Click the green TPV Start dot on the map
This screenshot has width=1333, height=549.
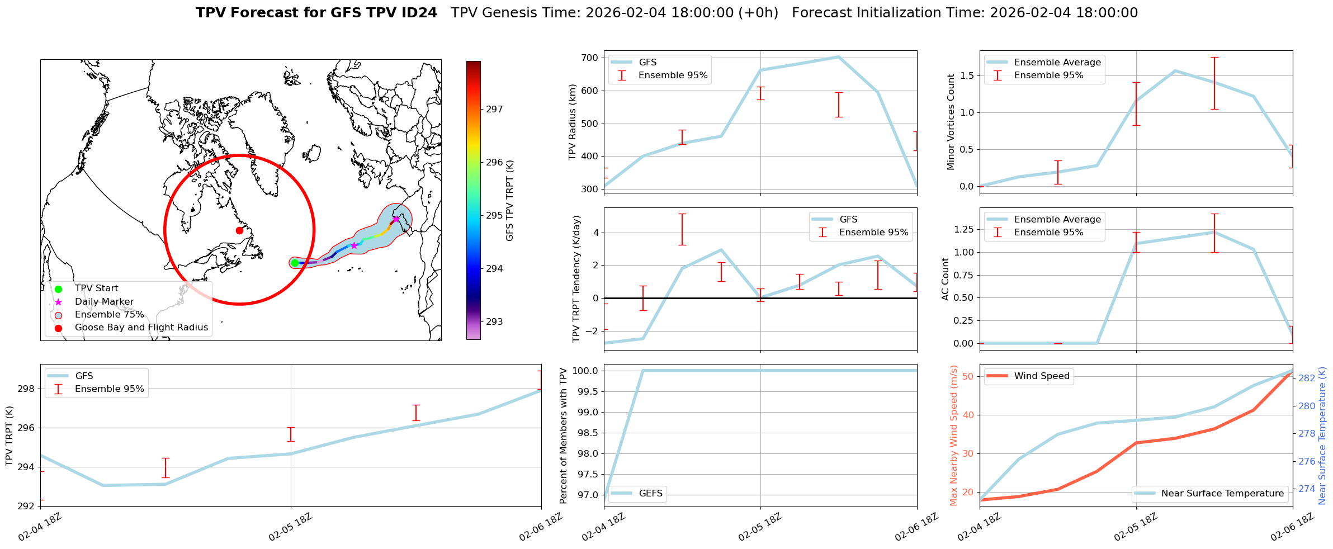click(295, 263)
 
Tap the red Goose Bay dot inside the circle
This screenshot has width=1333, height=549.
click(239, 230)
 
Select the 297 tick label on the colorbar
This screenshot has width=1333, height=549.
click(494, 109)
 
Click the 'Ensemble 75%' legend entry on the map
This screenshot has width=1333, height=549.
click(109, 315)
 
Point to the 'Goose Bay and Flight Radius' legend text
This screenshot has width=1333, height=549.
click(141, 328)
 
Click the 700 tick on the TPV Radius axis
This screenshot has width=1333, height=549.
click(590, 58)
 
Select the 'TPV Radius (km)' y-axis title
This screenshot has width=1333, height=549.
click(573, 122)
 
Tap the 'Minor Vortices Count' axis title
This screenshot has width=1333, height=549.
click(951, 122)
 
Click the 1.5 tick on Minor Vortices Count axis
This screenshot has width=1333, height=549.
click(966, 75)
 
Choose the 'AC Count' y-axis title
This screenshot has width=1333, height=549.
click(946, 279)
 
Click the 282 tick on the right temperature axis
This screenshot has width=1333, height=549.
click(1307, 378)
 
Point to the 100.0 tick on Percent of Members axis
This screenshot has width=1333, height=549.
click(585, 371)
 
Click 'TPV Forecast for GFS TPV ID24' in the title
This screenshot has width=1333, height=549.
click(316, 13)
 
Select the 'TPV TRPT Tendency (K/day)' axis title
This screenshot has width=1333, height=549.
click(576, 279)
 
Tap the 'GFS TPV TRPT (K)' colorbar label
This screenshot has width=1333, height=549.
click(509, 201)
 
